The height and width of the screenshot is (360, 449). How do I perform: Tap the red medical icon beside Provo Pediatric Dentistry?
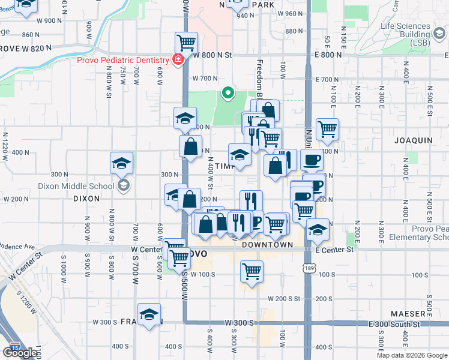[x=178, y=59]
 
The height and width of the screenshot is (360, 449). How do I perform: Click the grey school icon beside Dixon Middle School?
[x=124, y=185]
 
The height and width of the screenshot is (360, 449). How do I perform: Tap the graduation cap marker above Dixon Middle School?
[x=121, y=163]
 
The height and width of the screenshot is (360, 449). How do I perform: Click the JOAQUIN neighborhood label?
[x=413, y=140]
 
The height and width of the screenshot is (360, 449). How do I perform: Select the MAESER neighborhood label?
[x=408, y=314]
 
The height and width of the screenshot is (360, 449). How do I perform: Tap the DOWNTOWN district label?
[x=267, y=245]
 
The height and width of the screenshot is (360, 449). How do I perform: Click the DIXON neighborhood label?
[x=85, y=197]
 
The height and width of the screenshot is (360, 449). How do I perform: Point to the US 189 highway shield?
[x=308, y=266]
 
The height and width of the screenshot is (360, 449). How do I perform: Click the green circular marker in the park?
[x=228, y=92]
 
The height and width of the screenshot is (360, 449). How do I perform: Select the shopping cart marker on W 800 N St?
[x=187, y=43]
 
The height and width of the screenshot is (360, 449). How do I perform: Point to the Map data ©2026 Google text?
[x=412, y=355]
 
